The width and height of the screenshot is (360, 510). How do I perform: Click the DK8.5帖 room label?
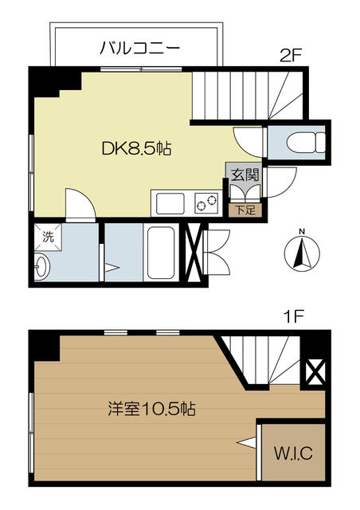pyautogui.click(x=137, y=148)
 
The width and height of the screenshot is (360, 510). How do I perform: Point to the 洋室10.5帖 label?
pyautogui.click(x=151, y=410)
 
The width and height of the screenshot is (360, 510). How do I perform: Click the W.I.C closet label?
pyautogui.click(x=294, y=455)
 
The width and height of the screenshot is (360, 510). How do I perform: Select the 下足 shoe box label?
pyautogui.click(x=245, y=210)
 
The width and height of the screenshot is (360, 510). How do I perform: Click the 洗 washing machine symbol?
pyautogui.click(x=47, y=237)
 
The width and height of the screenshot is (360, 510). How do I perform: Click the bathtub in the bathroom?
pyautogui.click(x=162, y=253)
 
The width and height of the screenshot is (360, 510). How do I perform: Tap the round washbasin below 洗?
pyautogui.click(x=42, y=265)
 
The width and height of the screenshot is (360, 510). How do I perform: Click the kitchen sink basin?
pyautogui.click(x=171, y=203)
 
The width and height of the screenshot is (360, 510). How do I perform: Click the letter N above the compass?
pyautogui.click(x=300, y=233)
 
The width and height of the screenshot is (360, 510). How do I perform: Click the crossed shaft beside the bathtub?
pyautogui.click(x=194, y=253)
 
